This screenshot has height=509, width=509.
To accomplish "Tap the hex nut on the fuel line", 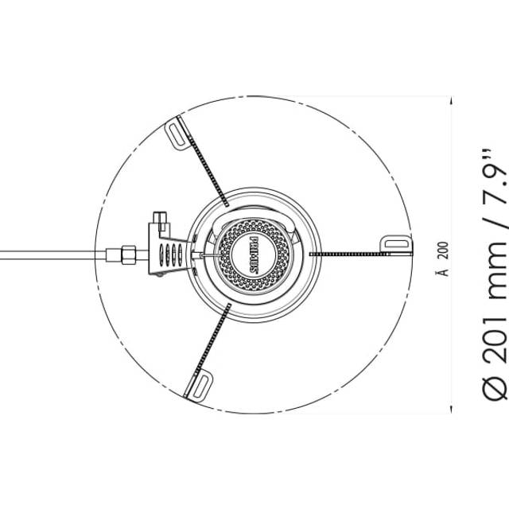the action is tap(129, 254).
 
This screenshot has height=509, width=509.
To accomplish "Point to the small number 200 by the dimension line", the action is tap(445, 251).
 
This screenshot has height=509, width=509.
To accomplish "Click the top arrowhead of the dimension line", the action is tap(451, 99).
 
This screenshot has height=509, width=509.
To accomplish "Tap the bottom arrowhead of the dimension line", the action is tap(451, 410).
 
